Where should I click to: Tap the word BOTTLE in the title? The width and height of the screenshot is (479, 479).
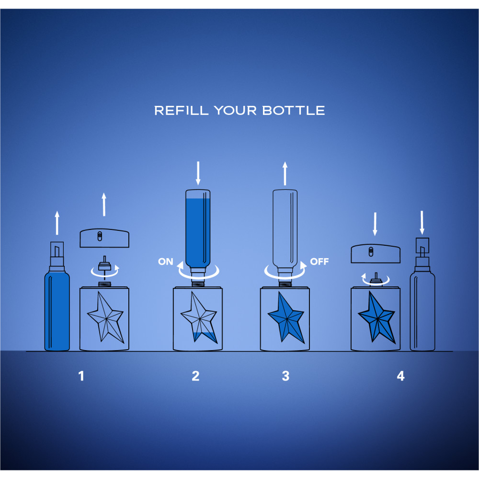tap(294, 111)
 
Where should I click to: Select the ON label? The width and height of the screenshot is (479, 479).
tap(166, 262)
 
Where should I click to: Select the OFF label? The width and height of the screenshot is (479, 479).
tap(319, 262)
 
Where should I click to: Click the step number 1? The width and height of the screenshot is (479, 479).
tap(81, 376)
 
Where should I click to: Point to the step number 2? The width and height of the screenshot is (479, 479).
tap(195, 376)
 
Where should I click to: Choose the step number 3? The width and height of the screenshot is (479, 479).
tap(285, 376)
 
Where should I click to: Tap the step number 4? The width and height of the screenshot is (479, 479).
tap(400, 376)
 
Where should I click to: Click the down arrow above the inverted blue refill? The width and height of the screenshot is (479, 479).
tap(198, 173)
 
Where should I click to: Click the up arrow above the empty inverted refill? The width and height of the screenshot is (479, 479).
tap(285, 173)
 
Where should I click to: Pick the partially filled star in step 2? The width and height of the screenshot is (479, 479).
tap(199, 318)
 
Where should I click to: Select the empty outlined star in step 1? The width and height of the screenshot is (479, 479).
tap(106, 318)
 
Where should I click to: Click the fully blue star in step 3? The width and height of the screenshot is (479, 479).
tap(286, 318)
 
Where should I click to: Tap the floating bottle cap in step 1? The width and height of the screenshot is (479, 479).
tap(104, 238)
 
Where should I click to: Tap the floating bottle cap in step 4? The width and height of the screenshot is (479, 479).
tap(376, 253)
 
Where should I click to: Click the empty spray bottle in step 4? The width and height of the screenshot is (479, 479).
tap(422, 295)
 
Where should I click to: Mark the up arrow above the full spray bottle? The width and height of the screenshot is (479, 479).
tap(57, 223)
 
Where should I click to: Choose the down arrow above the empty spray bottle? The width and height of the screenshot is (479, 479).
tap(422, 222)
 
